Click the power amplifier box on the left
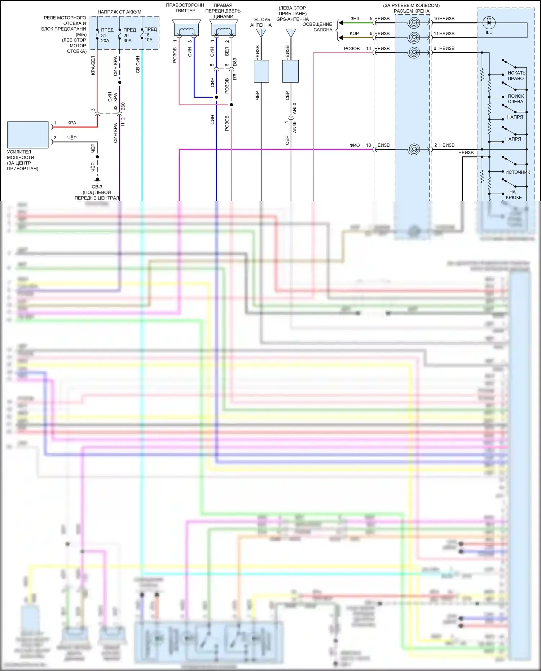28,135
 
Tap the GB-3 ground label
97,187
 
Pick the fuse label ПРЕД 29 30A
128,35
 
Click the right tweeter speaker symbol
186,28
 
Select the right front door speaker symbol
224,28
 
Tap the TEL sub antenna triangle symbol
261,33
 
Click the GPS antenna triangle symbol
291,33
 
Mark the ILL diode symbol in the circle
489,23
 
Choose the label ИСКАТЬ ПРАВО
516,76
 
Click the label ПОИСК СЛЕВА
516,99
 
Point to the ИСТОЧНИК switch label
518,172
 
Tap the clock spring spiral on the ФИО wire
414,149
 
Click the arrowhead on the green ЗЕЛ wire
341,23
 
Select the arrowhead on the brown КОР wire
341,37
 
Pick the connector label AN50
295,109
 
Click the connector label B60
123,106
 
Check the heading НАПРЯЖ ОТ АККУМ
119,12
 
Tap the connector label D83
235,62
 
